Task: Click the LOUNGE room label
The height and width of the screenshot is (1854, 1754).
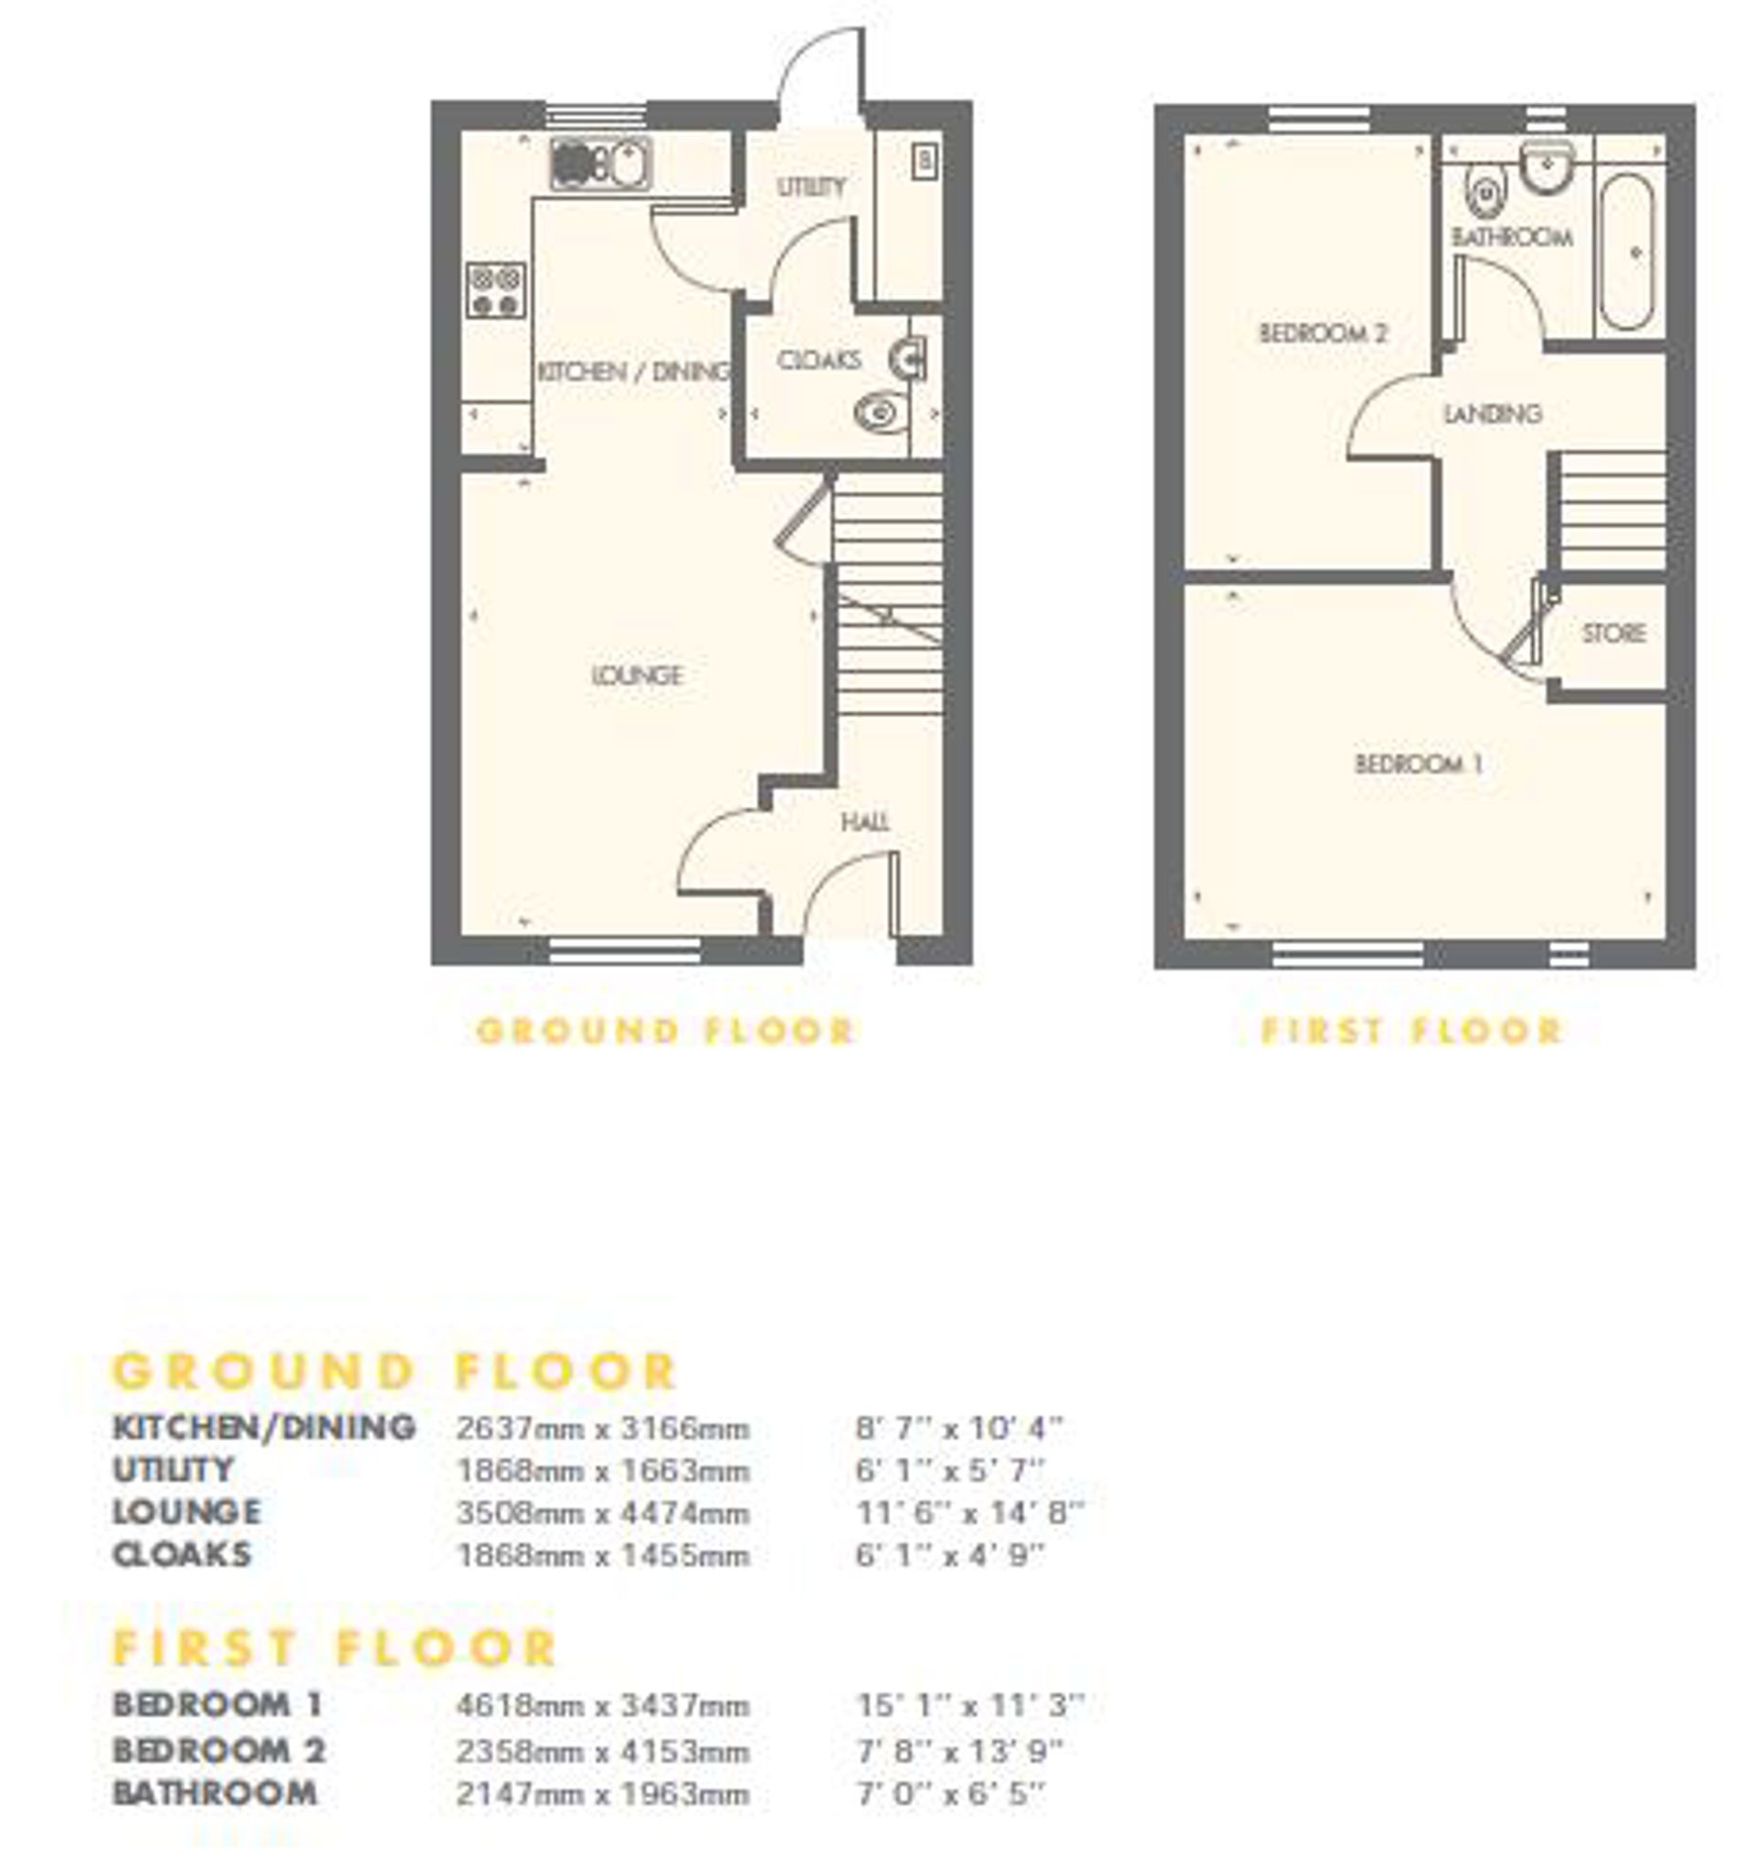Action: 638,674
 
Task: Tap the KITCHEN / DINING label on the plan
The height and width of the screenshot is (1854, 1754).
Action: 634,371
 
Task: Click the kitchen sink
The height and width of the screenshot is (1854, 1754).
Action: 601,163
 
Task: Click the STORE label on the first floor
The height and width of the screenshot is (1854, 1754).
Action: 1613,633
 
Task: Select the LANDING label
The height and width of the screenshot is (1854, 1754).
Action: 1492,412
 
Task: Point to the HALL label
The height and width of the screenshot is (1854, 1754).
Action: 865,821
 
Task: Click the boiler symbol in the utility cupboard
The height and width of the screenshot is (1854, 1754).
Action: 925,161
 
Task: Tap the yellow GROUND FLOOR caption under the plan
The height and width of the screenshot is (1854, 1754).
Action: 666,1031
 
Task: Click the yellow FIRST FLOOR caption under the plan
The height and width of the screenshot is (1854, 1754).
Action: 1411,1031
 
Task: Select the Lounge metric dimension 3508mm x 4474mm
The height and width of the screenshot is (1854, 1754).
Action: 603,1513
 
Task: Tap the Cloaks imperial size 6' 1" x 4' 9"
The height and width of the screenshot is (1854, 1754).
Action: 950,1555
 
